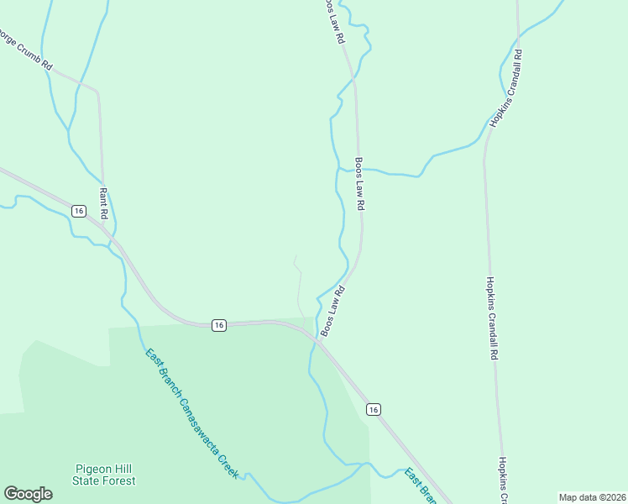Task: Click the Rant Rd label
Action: [104, 199]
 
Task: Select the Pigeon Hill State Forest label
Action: [104, 475]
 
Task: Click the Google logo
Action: [28, 494]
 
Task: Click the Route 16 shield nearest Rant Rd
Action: [78, 211]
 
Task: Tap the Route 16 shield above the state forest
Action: [218, 325]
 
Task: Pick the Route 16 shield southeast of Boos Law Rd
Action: [373, 409]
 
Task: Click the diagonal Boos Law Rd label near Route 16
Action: [332, 312]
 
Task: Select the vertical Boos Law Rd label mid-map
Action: [359, 183]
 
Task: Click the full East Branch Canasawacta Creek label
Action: [191, 413]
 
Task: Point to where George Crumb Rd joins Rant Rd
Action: [98, 91]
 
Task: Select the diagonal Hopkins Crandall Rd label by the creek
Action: [507, 88]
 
